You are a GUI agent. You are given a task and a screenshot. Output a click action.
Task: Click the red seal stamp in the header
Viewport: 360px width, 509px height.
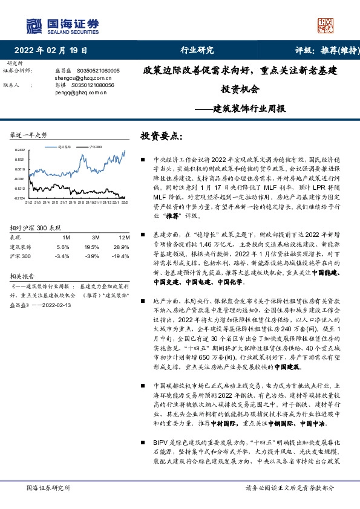pos(326,25)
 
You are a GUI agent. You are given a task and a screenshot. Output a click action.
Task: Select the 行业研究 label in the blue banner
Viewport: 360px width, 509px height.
pos(197,50)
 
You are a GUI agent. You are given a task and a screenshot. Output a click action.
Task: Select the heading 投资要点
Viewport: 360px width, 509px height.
pos(161,137)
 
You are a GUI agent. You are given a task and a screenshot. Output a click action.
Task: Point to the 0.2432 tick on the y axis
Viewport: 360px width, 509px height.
pos(20,149)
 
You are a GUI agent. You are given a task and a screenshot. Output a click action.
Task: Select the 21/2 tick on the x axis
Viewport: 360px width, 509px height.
pos(28,203)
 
